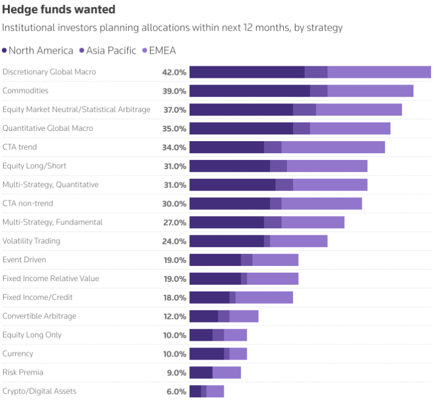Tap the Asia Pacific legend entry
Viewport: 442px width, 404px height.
point(111,50)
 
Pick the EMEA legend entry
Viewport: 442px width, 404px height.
point(162,50)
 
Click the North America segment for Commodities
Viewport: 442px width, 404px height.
point(249,91)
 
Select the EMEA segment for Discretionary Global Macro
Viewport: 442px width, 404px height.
point(379,72)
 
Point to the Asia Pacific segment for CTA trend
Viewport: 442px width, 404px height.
point(272,147)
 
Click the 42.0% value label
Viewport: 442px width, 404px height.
point(174,72)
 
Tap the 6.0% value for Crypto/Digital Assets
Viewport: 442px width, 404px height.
point(176,391)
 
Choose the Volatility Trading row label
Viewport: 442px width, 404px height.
point(31,241)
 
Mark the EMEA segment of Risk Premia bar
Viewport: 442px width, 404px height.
point(226,372)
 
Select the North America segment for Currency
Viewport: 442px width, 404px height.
point(207,353)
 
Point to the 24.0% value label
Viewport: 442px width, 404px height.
point(174,241)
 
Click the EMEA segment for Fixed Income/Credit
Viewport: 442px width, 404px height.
point(264,298)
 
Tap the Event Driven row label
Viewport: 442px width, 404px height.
point(24,260)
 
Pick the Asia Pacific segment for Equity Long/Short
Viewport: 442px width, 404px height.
point(278,166)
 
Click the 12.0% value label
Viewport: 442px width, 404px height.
point(174,316)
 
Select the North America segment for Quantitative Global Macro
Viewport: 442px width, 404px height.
point(241,128)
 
